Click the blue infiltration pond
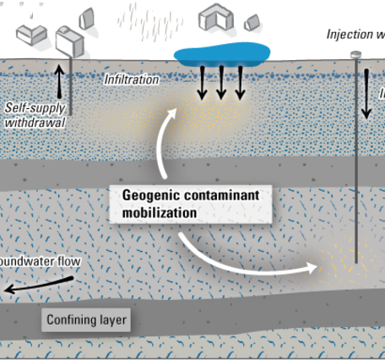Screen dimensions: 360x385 click(x=220, y=54)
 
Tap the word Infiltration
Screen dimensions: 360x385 click(x=131, y=79)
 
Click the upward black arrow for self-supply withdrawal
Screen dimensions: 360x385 click(x=58, y=79)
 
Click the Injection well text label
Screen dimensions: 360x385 click(x=355, y=35)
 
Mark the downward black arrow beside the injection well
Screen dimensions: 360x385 click(x=368, y=95)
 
